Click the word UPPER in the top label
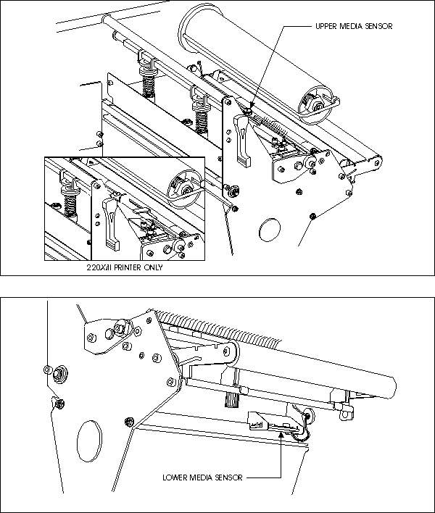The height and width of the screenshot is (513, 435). [326, 26]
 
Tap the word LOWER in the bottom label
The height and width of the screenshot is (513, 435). [173, 477]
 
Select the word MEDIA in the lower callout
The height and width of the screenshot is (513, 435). [197, 477]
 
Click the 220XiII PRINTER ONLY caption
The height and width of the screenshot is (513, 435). [125, 267]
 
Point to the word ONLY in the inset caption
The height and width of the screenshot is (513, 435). [153, 267]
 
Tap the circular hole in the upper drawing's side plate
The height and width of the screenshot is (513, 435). [270, 230]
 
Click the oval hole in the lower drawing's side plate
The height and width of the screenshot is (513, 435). [89, 442]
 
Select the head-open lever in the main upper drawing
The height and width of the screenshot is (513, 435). [242, 140]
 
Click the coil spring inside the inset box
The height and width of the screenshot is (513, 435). [70, 200]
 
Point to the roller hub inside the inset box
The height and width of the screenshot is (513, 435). [184, 189]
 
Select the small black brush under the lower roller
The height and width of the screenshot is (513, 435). [231, 401]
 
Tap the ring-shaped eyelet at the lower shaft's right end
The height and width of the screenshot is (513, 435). [346, 414]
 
